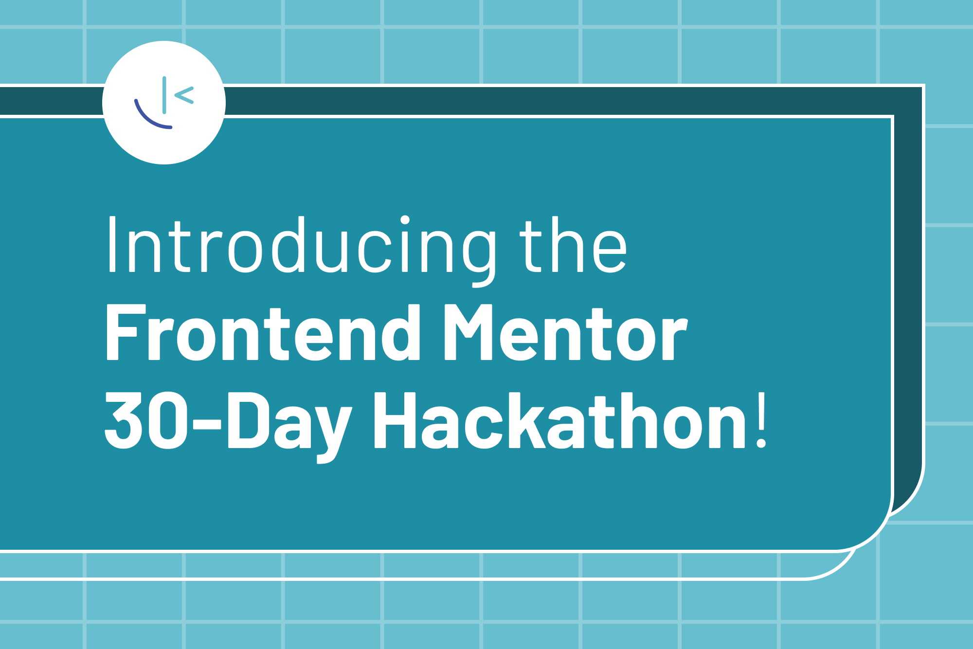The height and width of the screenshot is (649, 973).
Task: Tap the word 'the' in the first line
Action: tap(573, 246)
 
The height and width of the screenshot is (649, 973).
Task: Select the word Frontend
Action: tap(263, 333)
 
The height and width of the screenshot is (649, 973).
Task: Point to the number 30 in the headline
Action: tap(146, 420)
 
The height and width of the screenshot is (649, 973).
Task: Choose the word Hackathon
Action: tap(559, 420)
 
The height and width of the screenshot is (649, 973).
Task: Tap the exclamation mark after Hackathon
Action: tap(762, 420)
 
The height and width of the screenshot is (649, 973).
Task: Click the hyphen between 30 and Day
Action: tap(207, 423)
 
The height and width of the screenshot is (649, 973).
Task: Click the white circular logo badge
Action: tap(164, 103)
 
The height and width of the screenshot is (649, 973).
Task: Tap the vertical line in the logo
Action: tap(164, 95)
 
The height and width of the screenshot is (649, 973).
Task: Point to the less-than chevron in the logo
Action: tap(184, 95)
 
